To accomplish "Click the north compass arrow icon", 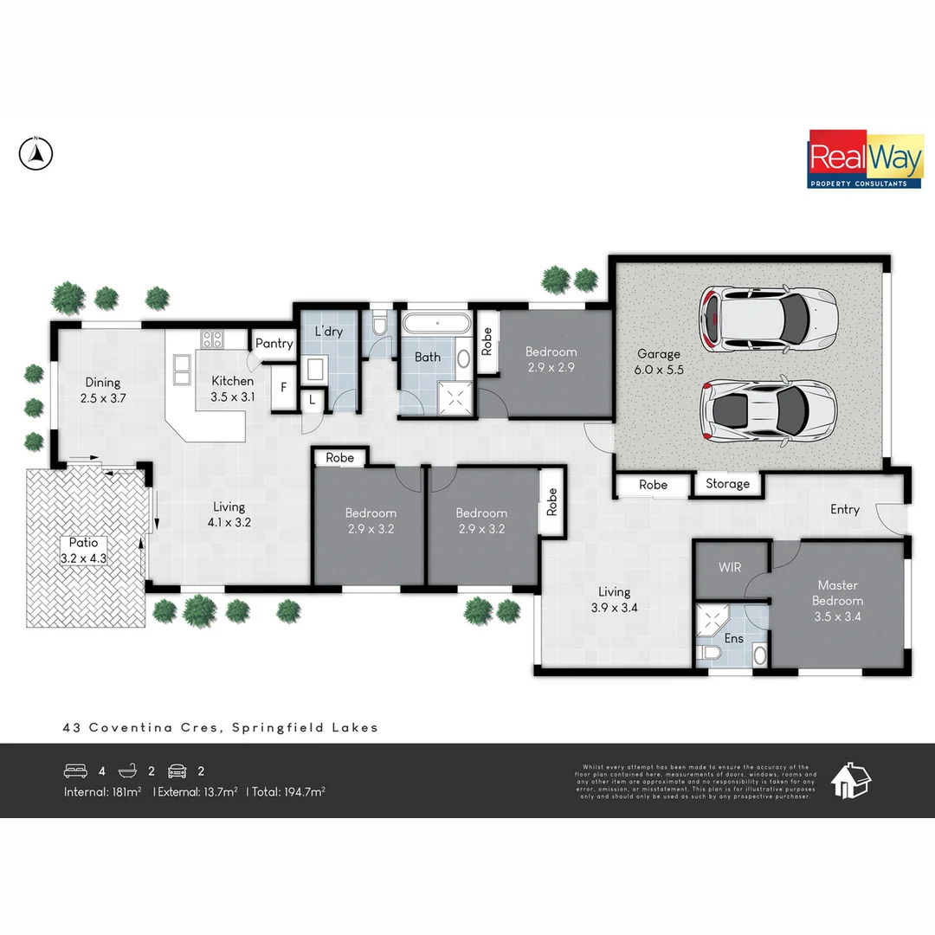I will [35, 154].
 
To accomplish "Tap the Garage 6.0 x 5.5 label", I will [659, 361].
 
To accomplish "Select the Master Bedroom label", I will [838, 601].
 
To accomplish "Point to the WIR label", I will [730, 568].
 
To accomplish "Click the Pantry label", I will [274, 344].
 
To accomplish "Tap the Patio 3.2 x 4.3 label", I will [83, 551].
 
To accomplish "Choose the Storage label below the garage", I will [727, 484].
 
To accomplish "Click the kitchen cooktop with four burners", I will [213, 339].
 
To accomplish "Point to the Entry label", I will [845, 509].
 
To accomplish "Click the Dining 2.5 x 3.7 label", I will [102, 390].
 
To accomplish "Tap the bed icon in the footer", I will [75, 771].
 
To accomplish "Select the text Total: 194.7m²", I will [288, 791].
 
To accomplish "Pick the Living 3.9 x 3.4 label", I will [614, 600].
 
